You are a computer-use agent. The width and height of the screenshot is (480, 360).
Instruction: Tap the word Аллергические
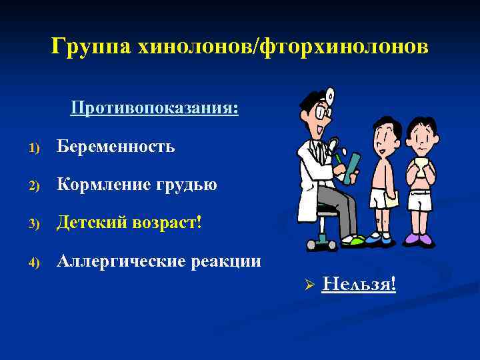coord(115,260)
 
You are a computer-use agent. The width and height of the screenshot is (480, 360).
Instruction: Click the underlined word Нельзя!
coord(359,285)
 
